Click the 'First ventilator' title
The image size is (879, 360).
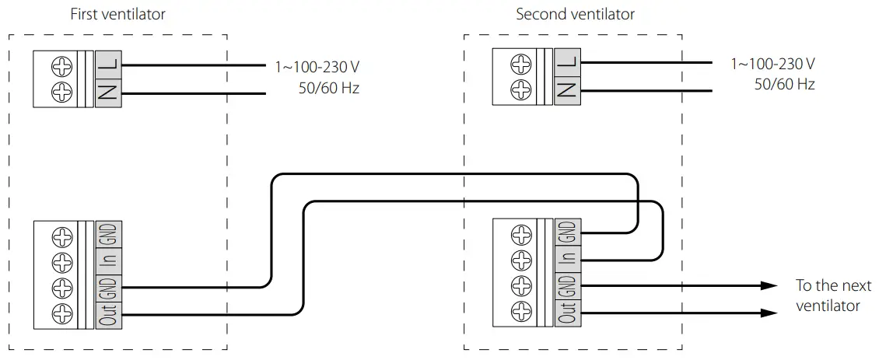117,14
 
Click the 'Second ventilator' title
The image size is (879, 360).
575,14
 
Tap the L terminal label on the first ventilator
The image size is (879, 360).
107,65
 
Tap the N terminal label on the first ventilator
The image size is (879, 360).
107,93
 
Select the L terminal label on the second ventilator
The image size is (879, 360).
567,61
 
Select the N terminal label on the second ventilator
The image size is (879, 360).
567,89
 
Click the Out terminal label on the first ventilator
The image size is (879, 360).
107,313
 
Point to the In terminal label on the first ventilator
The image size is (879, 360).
107,260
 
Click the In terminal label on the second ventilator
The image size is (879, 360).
567,257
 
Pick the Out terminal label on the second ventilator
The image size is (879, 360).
567,311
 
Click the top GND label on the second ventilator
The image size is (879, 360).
567,231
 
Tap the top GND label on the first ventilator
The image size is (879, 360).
107,233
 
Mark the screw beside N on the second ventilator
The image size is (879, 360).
520,89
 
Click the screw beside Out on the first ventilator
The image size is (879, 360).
61,314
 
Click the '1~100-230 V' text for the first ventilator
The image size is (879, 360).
317,67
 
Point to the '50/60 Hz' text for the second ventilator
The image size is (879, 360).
784,84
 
